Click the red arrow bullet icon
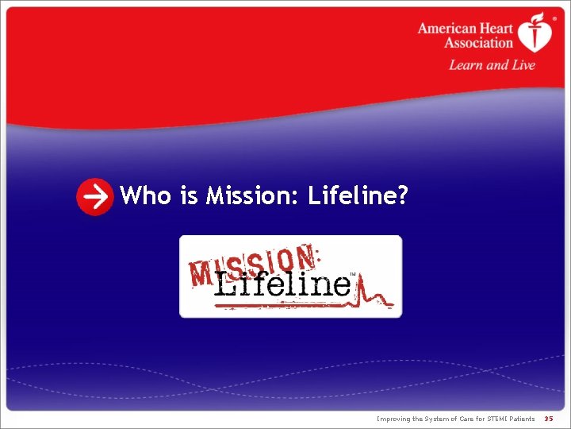click(x=94, y=197)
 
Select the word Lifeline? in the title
click(x=358, y=195)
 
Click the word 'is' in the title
click(x=189, y=195)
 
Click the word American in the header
click(x=447, y=29)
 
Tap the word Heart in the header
click(x=496, y=29)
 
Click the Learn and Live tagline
click(x=492, y=65)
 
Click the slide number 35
click(x=549, y=418)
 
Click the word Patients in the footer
click(x=519, y=418)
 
